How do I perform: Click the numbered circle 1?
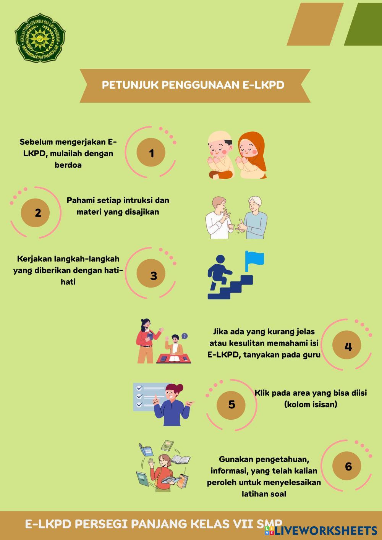click(151, 153)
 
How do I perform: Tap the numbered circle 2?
click(37, 212)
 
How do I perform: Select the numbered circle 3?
click(153, 275)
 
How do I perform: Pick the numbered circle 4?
click(348, 346)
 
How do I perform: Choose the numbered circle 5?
click(231, 404)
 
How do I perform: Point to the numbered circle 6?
click(348, 466)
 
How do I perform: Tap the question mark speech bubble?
click(185, 336)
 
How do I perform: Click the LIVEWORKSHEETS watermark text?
click(325, 530)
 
